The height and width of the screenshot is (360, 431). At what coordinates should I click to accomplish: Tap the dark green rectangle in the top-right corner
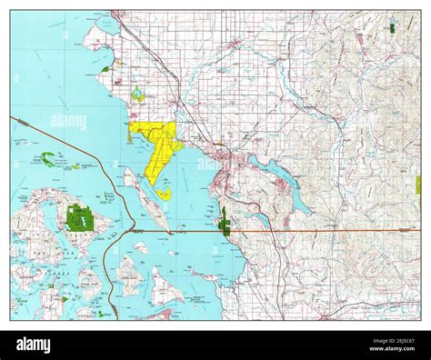point(391,28)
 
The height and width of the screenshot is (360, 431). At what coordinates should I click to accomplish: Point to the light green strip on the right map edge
point(418,185)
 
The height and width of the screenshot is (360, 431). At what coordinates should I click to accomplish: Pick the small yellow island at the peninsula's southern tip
point(162,194)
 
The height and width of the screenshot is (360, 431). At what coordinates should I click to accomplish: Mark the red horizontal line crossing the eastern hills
point(327,231)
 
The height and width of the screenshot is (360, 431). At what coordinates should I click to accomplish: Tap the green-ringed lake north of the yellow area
point(137,94)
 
